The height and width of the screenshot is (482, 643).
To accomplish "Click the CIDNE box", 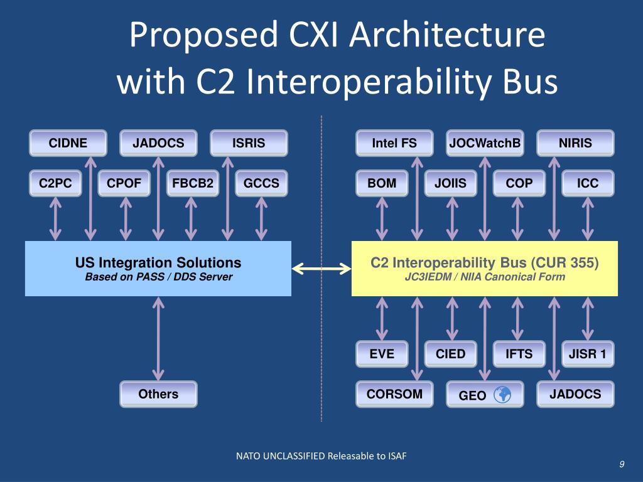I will click(x=68, y=143).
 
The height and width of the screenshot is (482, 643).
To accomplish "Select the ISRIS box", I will click(x=249, y=143).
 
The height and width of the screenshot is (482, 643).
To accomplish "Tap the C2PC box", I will click(x=56, y=183).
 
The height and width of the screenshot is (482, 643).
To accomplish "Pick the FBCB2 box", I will click(x=193, y=183).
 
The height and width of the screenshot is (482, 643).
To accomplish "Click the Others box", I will click(x=158, y=394).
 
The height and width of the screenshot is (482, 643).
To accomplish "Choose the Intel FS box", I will click(x=394, y=143).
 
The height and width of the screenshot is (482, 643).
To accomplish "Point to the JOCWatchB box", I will click(x=485, y=143).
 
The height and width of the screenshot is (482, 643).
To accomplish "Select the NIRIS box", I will click(x=575, y=143).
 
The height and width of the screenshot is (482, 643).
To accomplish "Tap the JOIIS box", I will click(x=450, y=183).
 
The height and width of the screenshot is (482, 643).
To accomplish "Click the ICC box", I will click(x=588, y=183).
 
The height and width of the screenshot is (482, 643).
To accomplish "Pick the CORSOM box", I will click(x=394, y=394).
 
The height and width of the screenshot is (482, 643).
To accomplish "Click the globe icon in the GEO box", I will click(x=503, y=395).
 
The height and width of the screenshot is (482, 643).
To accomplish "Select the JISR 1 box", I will click(x=588, y=354).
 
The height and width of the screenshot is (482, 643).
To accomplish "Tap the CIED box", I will click(x=450, y=354).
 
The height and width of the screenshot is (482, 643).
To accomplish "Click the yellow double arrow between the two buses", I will click(x=321, y=269).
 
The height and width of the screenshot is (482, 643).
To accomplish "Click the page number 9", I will click(x=621, y=464).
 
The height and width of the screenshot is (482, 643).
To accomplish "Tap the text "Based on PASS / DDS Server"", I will click(x=158, y=277).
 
